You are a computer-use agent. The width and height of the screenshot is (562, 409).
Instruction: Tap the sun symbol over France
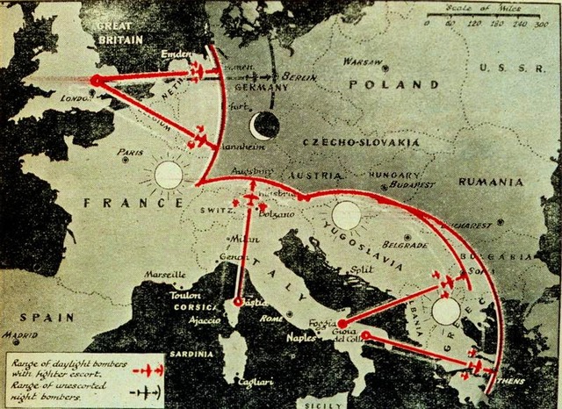(168, 175)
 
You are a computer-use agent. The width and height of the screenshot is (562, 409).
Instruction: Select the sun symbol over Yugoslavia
(346, 216)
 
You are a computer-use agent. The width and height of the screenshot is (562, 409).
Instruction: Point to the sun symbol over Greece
(446, 310)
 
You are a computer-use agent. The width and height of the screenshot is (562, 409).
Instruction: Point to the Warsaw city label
(361, 62)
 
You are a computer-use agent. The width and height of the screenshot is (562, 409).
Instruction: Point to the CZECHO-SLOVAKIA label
(343, 141)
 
